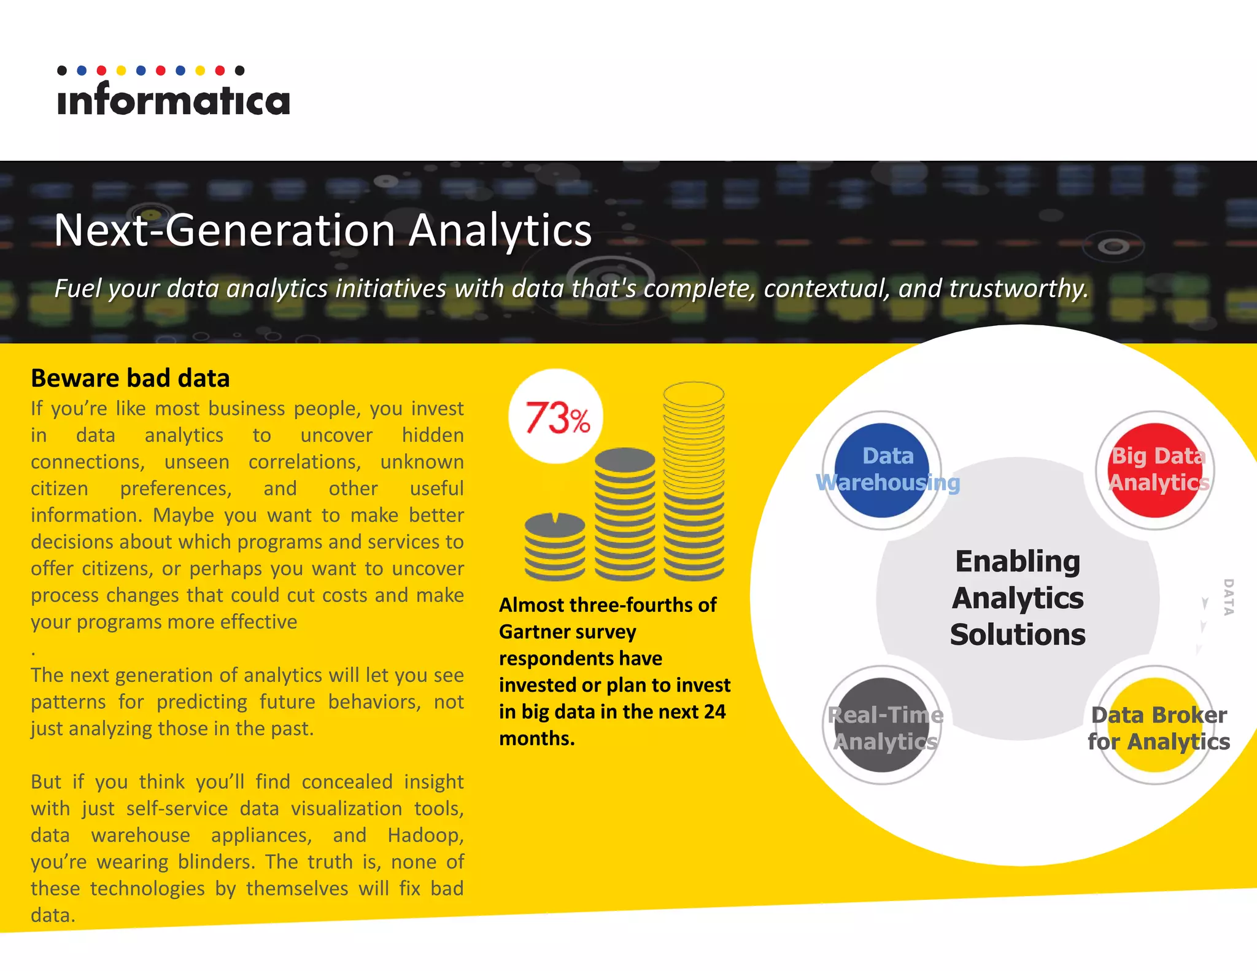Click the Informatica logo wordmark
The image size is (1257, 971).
[173, 100]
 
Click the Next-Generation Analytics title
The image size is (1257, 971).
[323, 230]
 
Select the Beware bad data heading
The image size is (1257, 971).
[130, 378]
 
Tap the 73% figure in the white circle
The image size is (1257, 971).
[556, 417]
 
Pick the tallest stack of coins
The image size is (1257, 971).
[694, 482]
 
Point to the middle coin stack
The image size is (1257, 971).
[625, 514]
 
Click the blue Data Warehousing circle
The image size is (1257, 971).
[881, 470]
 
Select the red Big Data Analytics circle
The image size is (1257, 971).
[1155, 470]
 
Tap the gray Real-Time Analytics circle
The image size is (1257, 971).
[881, 725]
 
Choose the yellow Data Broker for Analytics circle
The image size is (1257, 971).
[1156, 725]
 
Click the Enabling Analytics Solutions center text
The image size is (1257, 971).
[1018, 598]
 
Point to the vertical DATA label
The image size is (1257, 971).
[1228, 597]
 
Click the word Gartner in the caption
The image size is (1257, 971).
[536, 632]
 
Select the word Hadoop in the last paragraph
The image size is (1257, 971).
[425, 835]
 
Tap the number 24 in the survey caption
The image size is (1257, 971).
[714, 711]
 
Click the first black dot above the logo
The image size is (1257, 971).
[62, 71]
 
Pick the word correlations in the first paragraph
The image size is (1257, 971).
[304, 462]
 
